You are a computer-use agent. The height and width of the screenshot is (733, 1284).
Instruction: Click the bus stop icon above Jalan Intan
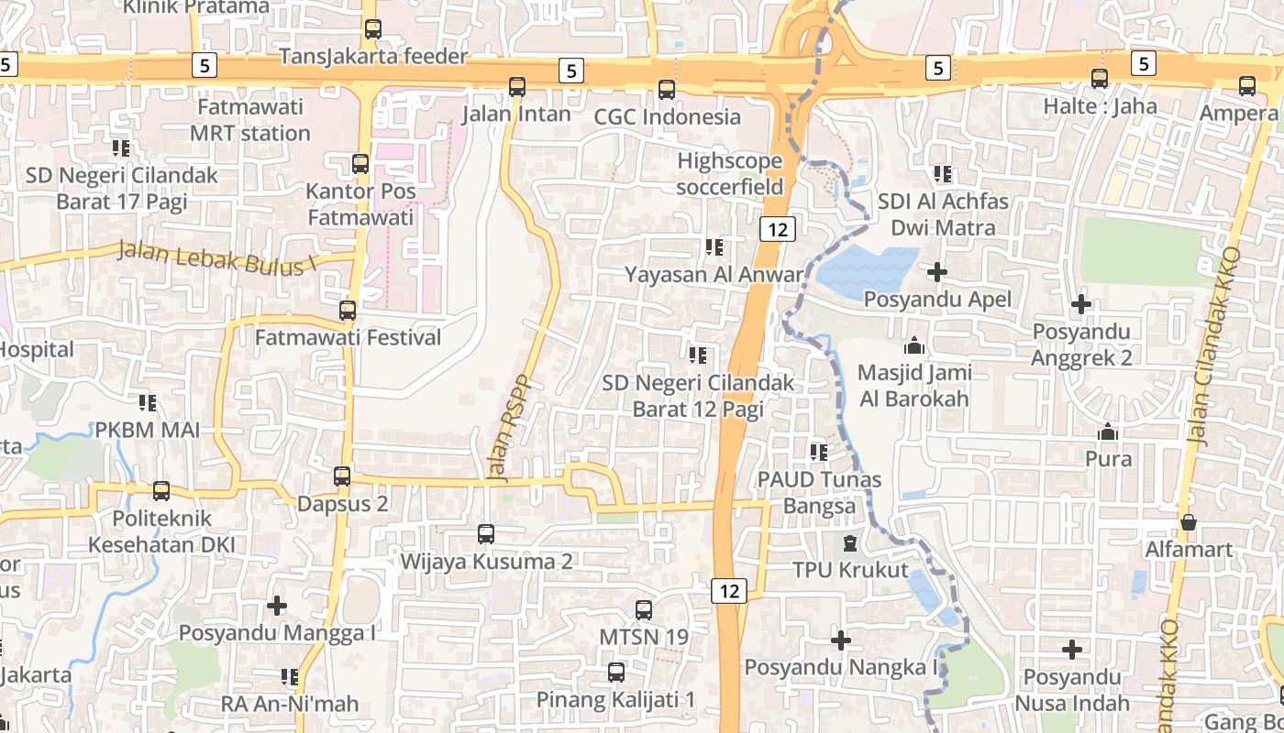[517, 87]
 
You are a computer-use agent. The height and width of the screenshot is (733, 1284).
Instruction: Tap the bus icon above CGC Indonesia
[667, 90]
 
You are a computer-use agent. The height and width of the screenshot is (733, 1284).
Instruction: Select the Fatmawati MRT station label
[250, 120]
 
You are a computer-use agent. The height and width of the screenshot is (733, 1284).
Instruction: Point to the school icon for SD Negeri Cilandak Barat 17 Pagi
[121, 148]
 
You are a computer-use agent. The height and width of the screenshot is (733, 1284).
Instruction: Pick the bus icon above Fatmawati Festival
[348, 311]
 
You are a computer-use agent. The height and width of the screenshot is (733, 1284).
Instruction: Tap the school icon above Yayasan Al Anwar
[714, 246]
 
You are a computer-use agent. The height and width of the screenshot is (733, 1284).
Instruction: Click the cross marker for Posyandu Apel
[937, 272]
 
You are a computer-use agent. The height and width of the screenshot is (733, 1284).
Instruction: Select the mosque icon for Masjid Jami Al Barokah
[913, 346]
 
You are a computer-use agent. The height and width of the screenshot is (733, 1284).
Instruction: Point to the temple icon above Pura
[1108, 432]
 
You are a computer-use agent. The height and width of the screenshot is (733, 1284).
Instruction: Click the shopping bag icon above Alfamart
[1189, 522]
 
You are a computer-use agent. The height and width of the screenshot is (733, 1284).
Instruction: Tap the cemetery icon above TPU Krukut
[850, 543]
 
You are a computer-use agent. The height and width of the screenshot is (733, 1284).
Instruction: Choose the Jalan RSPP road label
[511, 428]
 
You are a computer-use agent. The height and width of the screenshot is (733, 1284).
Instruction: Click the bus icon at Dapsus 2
[342, 476]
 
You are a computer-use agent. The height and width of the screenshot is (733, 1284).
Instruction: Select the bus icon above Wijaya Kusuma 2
[486, 533]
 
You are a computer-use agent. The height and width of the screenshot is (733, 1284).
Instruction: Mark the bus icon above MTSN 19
[644, 609]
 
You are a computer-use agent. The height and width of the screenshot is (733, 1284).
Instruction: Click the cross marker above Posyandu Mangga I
[277, 606]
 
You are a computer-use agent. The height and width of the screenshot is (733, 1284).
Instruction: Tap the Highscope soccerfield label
[730, 174]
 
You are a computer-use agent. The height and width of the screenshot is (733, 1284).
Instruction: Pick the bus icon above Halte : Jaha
[1100, 79]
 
